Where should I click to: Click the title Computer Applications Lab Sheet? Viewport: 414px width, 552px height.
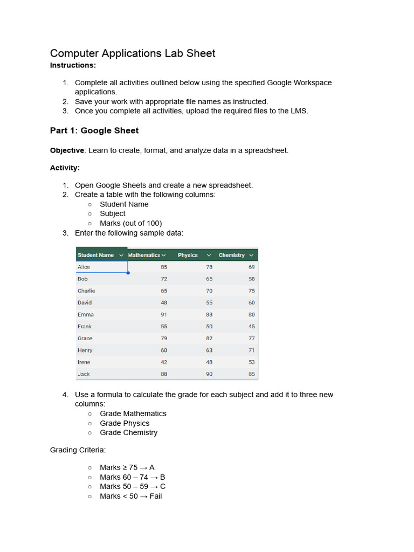pyautogui.click(x=133, y=53)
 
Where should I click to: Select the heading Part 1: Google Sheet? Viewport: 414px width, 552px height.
pyautogui.click(x=94, y=130)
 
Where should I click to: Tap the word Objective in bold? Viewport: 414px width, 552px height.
pyautogui.click(x=67, y=150)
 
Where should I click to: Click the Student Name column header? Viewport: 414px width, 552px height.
pyautogui.click(x=95, y=255)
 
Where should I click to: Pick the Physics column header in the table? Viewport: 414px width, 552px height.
pyautogui.click(x=188, y=255)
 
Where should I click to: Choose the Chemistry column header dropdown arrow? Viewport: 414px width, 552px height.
pyautogui.click(x=251, y=255)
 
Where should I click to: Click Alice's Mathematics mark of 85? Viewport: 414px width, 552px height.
pyautogui.click(x=164, y=267)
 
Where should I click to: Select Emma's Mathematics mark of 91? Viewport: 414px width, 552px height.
pyautogui.click(x=164, y=314)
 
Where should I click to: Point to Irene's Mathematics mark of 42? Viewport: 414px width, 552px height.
pyautogui.click(x=164, y=362)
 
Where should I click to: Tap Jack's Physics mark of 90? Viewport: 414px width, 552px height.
pyautogui.click(x=209, y=374)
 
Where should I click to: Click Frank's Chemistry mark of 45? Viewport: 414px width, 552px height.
pyautogui.click(x=252, y=327)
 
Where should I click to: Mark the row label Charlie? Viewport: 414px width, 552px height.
pyautogui.click(x=86, y=291)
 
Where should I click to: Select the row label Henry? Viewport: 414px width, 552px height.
pyautogui.click(x=85, y=350)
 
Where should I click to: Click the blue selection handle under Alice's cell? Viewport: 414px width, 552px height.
pyautogui.click(x=128, y=273)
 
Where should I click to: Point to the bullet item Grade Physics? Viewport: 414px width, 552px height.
pyautogui.click(x=125, y=423)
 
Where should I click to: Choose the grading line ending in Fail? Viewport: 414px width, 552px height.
pyautogui.click(x=130, y=496)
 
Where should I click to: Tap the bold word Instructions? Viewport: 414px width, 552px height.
pyautogui.click(x=73, y=65)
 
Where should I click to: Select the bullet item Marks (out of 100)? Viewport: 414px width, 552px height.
pyautogui.click(x=130, y=223)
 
